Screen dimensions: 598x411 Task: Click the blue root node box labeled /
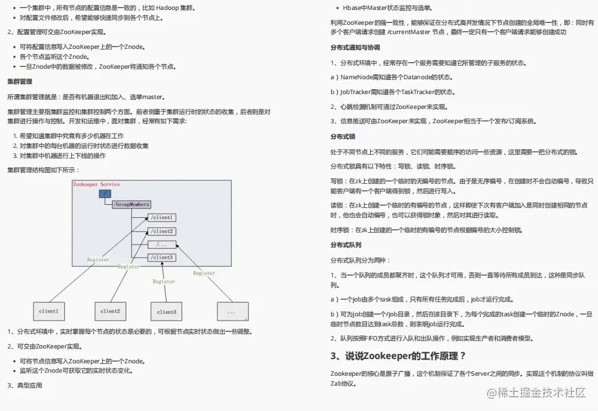tap(105, 194)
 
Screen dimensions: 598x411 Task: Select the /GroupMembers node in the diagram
tap(131, 204)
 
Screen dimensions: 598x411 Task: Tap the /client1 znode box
tap(162, 218)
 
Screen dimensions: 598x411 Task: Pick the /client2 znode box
tap(162, 231)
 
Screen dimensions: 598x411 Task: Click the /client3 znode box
tap(162, 257)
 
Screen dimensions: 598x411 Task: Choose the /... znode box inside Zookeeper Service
tap(162, 244)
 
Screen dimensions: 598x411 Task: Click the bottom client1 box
tap(49, 311)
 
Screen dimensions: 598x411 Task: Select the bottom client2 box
tap(110, 311)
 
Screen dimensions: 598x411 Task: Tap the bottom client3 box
tap(167, 311)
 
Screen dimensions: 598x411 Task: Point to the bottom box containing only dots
tap(232, 311)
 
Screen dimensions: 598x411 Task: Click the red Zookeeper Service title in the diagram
tap(96, 184)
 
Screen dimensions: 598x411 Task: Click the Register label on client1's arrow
tap(98, 260)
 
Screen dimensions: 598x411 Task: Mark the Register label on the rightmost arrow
tap(204, 273)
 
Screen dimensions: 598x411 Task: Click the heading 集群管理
tap(20, 82)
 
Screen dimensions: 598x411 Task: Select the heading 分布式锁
tap(342, 136)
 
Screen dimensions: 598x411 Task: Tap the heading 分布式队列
tap(346, 245)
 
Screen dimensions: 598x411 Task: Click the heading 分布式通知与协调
tap(355, 48)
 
